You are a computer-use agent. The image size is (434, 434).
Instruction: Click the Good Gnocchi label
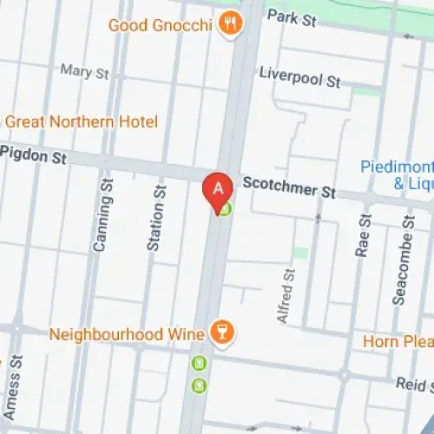point(160,25)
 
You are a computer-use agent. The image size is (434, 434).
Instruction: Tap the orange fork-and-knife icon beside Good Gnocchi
point(229,23)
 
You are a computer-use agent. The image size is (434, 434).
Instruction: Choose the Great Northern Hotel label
point(70,122)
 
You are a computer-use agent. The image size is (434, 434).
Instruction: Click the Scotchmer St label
point(289,187)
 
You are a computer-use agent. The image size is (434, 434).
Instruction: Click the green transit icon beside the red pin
point(225,208)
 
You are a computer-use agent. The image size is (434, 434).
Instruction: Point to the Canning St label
point(102,222)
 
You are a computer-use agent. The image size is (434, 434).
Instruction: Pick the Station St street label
point(156,218)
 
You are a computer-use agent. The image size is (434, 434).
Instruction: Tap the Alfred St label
point(286,296)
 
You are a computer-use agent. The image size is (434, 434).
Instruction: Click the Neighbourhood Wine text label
point(127,333)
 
